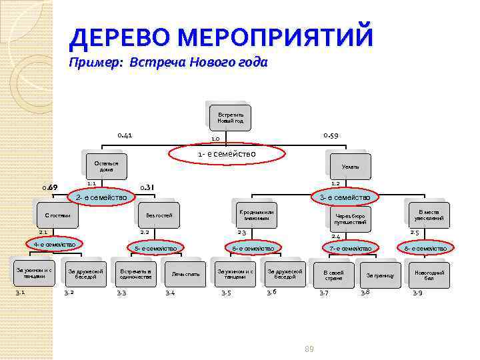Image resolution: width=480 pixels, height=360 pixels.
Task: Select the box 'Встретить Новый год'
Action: [230, 117]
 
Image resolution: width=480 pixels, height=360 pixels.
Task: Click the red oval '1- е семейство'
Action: [227, 155]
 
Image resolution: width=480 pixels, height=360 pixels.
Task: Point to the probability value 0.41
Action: [125, 135]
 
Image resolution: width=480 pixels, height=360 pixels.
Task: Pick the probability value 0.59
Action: [331, 135]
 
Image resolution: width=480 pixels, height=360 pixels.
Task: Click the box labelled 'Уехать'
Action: [350, 166]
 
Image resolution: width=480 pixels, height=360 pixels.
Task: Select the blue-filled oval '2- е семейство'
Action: [100, 197]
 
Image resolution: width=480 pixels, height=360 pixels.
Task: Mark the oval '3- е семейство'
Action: [345, 197]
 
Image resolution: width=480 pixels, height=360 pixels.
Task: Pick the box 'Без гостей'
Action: [159, 215]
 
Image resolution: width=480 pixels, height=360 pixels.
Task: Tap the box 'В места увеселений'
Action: [429, 215]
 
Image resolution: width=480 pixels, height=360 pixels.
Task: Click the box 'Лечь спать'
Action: [185, 274]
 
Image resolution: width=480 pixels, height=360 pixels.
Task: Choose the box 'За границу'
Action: [379, 275]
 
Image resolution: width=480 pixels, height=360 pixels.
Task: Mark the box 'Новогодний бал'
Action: [429, 275]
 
